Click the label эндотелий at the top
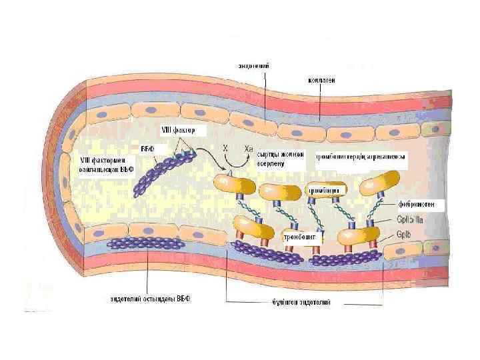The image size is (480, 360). click(x=254, y=65)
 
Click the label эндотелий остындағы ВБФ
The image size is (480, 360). click(x=151, y=299)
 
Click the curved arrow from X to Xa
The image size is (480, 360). click(x=236, y=162)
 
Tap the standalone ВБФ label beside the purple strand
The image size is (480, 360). click(x=147, y=147)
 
